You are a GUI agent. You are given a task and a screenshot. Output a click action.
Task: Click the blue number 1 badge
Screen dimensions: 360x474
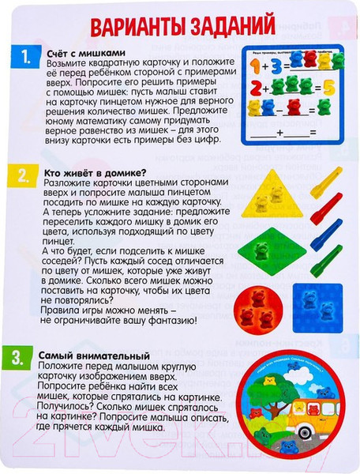27,58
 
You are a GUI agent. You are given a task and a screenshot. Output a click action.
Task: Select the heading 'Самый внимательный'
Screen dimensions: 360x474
92,354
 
